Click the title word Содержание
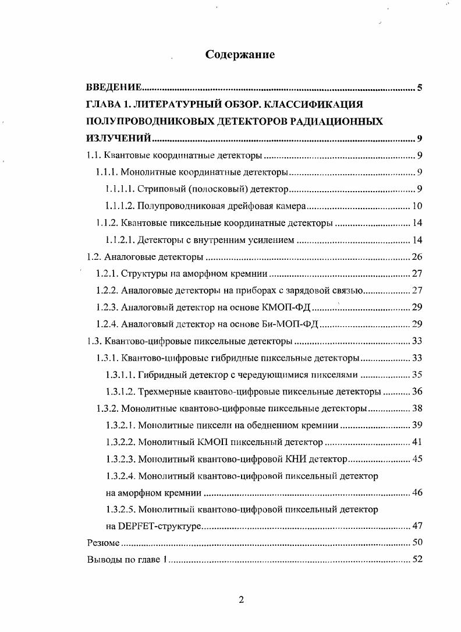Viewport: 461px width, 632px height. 240,55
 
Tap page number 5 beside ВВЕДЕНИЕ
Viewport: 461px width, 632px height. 420,89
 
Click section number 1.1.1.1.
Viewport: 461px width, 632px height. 120,189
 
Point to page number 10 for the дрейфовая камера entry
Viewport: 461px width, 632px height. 417,206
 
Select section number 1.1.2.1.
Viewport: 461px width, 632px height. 120,240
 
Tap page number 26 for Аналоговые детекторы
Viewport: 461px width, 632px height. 417,257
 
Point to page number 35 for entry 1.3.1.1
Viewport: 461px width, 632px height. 417,375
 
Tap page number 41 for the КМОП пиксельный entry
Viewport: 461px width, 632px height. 417,442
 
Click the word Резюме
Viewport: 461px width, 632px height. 103,543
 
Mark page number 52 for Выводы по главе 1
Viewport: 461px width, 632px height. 417,560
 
